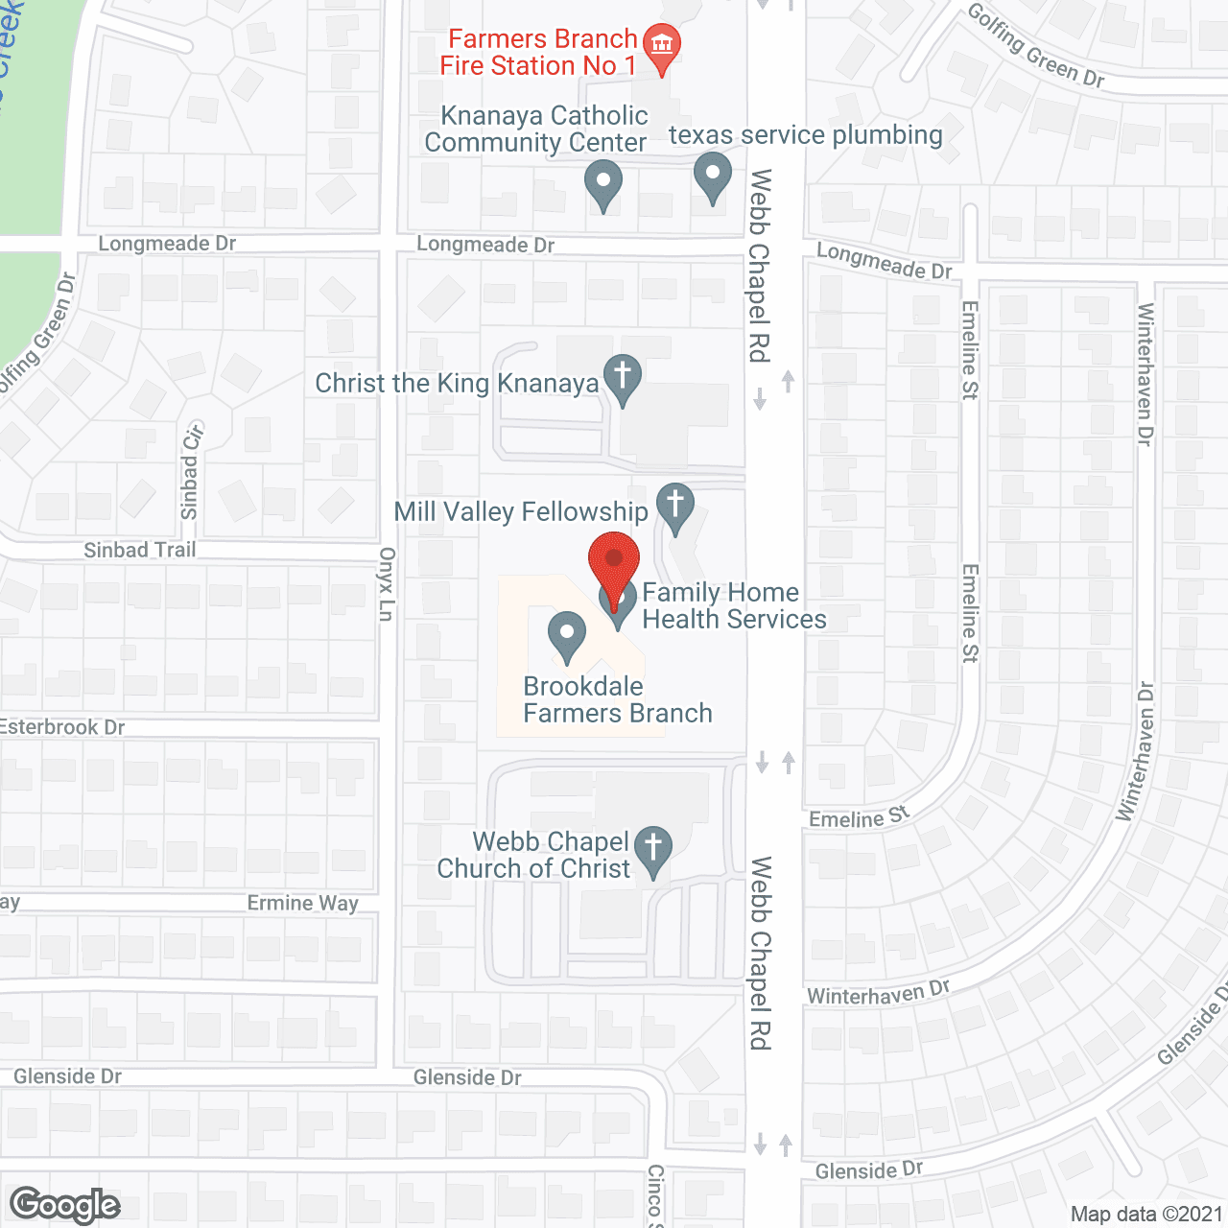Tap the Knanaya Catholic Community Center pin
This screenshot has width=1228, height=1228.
coord(603,183)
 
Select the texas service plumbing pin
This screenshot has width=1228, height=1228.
coord(712,177)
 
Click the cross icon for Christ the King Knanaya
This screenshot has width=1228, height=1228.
coord(623,376)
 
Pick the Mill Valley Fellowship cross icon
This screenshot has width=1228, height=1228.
coord(675,505)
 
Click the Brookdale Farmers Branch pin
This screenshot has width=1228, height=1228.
coord(567,634)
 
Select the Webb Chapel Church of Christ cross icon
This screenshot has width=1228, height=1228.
coord(653,849)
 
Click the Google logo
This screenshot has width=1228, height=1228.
coord(65,1205)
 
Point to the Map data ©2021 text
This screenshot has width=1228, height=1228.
coord(1146,1215)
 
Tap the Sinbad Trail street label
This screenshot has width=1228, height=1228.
coord(140,550)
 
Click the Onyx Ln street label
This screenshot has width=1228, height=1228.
coord(387,584)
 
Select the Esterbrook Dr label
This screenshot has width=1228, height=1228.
coord(62,727)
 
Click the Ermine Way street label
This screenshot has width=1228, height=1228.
coord(302,903)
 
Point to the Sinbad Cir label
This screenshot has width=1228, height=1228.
coord(191,471)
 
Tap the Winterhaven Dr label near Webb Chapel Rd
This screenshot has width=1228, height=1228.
coord(878,993)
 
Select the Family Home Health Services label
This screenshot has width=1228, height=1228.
coord(734,606)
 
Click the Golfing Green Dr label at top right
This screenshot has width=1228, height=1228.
coord(1036,46)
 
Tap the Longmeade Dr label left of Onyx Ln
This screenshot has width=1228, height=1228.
coord(167,244)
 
